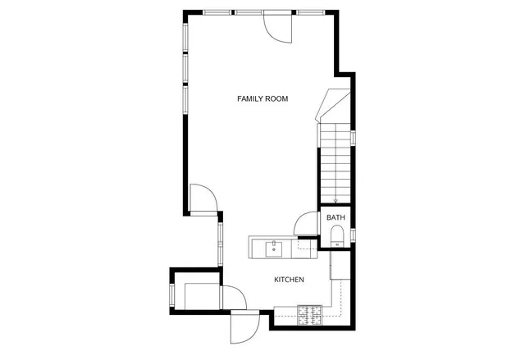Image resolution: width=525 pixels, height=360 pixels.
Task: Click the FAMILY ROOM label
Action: click(x=262, y=99)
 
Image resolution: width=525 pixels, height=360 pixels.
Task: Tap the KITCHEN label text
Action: click(x=289, y=280)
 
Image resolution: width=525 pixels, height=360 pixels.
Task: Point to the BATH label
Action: click(x=336, y=217)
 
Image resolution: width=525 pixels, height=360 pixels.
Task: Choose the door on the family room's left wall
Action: click(x=202, y=198)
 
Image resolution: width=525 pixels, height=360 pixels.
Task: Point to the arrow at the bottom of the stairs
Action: click(x=336, y=198)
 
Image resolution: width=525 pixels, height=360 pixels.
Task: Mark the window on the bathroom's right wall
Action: click(x=352, y=235)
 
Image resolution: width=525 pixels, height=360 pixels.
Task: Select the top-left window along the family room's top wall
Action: click(x=217, y=11)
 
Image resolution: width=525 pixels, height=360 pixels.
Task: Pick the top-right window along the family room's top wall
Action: click(x=309, y=11)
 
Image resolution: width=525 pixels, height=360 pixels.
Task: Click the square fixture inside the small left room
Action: click(x=200, y=294)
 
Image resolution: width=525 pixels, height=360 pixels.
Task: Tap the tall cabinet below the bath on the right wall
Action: click(x=334, y=266)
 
